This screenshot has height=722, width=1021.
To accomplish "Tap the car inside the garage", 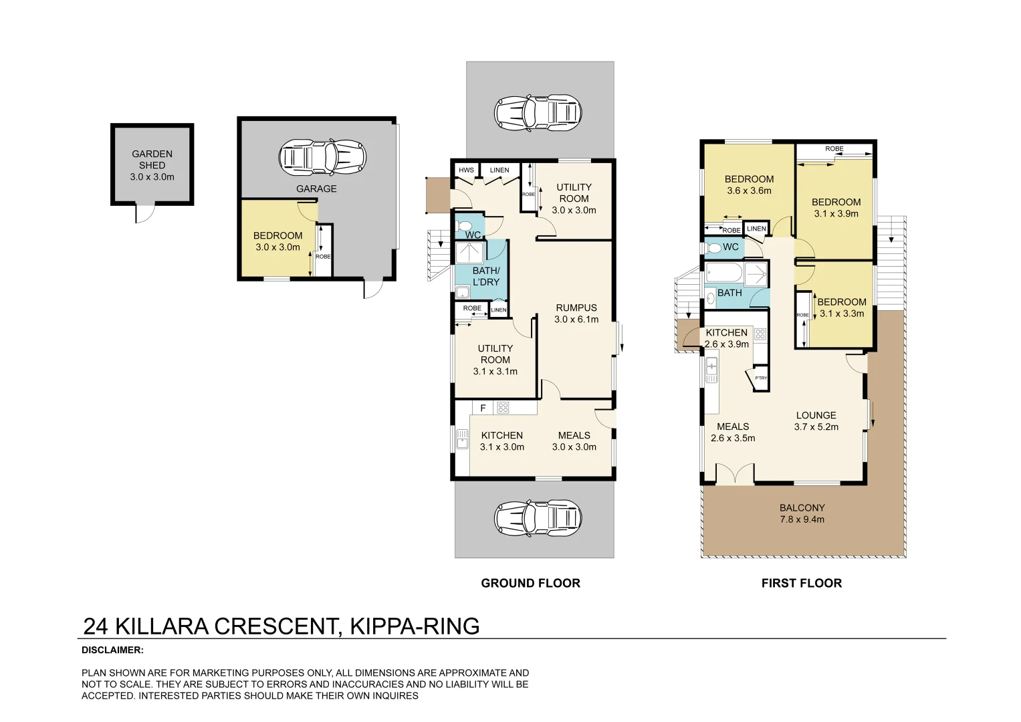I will (x=322, y=158).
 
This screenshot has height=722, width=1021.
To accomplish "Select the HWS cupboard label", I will (x=466, y=170).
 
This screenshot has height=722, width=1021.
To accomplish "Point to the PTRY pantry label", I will (x=761, y=378).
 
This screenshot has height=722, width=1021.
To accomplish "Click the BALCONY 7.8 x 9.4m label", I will (x=802, y=513).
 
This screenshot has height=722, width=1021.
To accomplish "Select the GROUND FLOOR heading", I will (x=530, y=583).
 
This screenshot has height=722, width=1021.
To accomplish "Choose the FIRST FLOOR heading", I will (x=801, y=583).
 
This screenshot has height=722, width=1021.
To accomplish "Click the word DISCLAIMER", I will (x=112, y=650).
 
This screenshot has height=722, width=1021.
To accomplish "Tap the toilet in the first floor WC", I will (x=714, y=248).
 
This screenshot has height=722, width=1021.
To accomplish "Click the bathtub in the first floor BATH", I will (x=724, y=273).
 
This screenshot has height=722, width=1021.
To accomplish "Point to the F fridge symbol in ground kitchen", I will (x=483, y=408).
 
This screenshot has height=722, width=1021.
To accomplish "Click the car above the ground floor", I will (x=538, y=112).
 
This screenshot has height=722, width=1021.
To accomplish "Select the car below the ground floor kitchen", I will (x=538, y=517).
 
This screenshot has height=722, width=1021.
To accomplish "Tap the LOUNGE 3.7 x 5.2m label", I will (x=816, y=421).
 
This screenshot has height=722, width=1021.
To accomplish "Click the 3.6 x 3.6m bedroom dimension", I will (x=749, y=191).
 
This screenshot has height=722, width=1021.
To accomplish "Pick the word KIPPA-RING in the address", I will (x=415, y=626).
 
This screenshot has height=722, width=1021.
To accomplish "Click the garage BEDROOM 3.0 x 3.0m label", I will (x=277, y=241).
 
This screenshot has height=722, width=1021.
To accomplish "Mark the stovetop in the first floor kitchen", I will (x=760, y=334).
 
